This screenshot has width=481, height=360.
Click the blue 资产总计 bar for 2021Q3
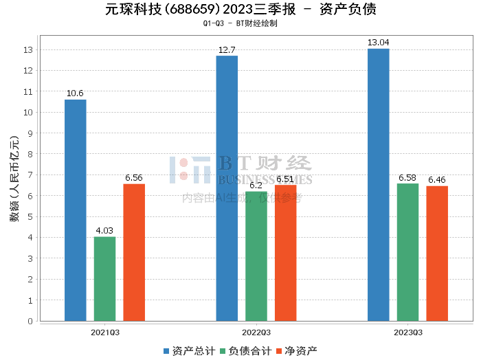pyautogui.click(x=76, y=210)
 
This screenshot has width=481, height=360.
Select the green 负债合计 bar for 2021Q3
pyautogui.click(x=104, y=279)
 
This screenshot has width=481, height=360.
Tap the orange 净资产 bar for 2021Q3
pyautogui.click(x=134, y=252)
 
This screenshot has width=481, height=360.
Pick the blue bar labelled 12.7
pyautogui.click(x=227, y=188)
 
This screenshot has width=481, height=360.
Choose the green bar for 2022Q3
pyautogui.click(x=256, y=256)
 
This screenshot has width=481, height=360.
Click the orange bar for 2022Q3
pyautogui.click(x=286, y=253)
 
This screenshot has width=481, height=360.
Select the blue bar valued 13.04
pyautogui.click(x=379, y=185)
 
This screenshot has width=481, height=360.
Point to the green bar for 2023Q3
pyautogui.click(x=407, y=252)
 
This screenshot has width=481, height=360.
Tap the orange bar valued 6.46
pyautogui.click(x=437, y=254)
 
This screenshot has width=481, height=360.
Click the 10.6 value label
pyautogui.click(x=76, y=93)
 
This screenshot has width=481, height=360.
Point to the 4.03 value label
pyautogui.click(x=104, y=231)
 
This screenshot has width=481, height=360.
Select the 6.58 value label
pyautogui.click(x=407, y=178)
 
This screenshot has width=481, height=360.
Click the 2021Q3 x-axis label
pyautogui.click(x=105, y=332)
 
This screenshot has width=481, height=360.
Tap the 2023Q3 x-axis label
pyautogui.click(x=408, y=332)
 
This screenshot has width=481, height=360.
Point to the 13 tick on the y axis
pyautogui.click(x=28, y=50)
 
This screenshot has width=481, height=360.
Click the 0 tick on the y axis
pyautogui.click(x=30, y=321)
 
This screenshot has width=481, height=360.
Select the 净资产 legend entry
pyautogui.click(x=296, y=351)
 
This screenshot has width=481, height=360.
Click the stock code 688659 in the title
pyautogui.click(x=197, y=10)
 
